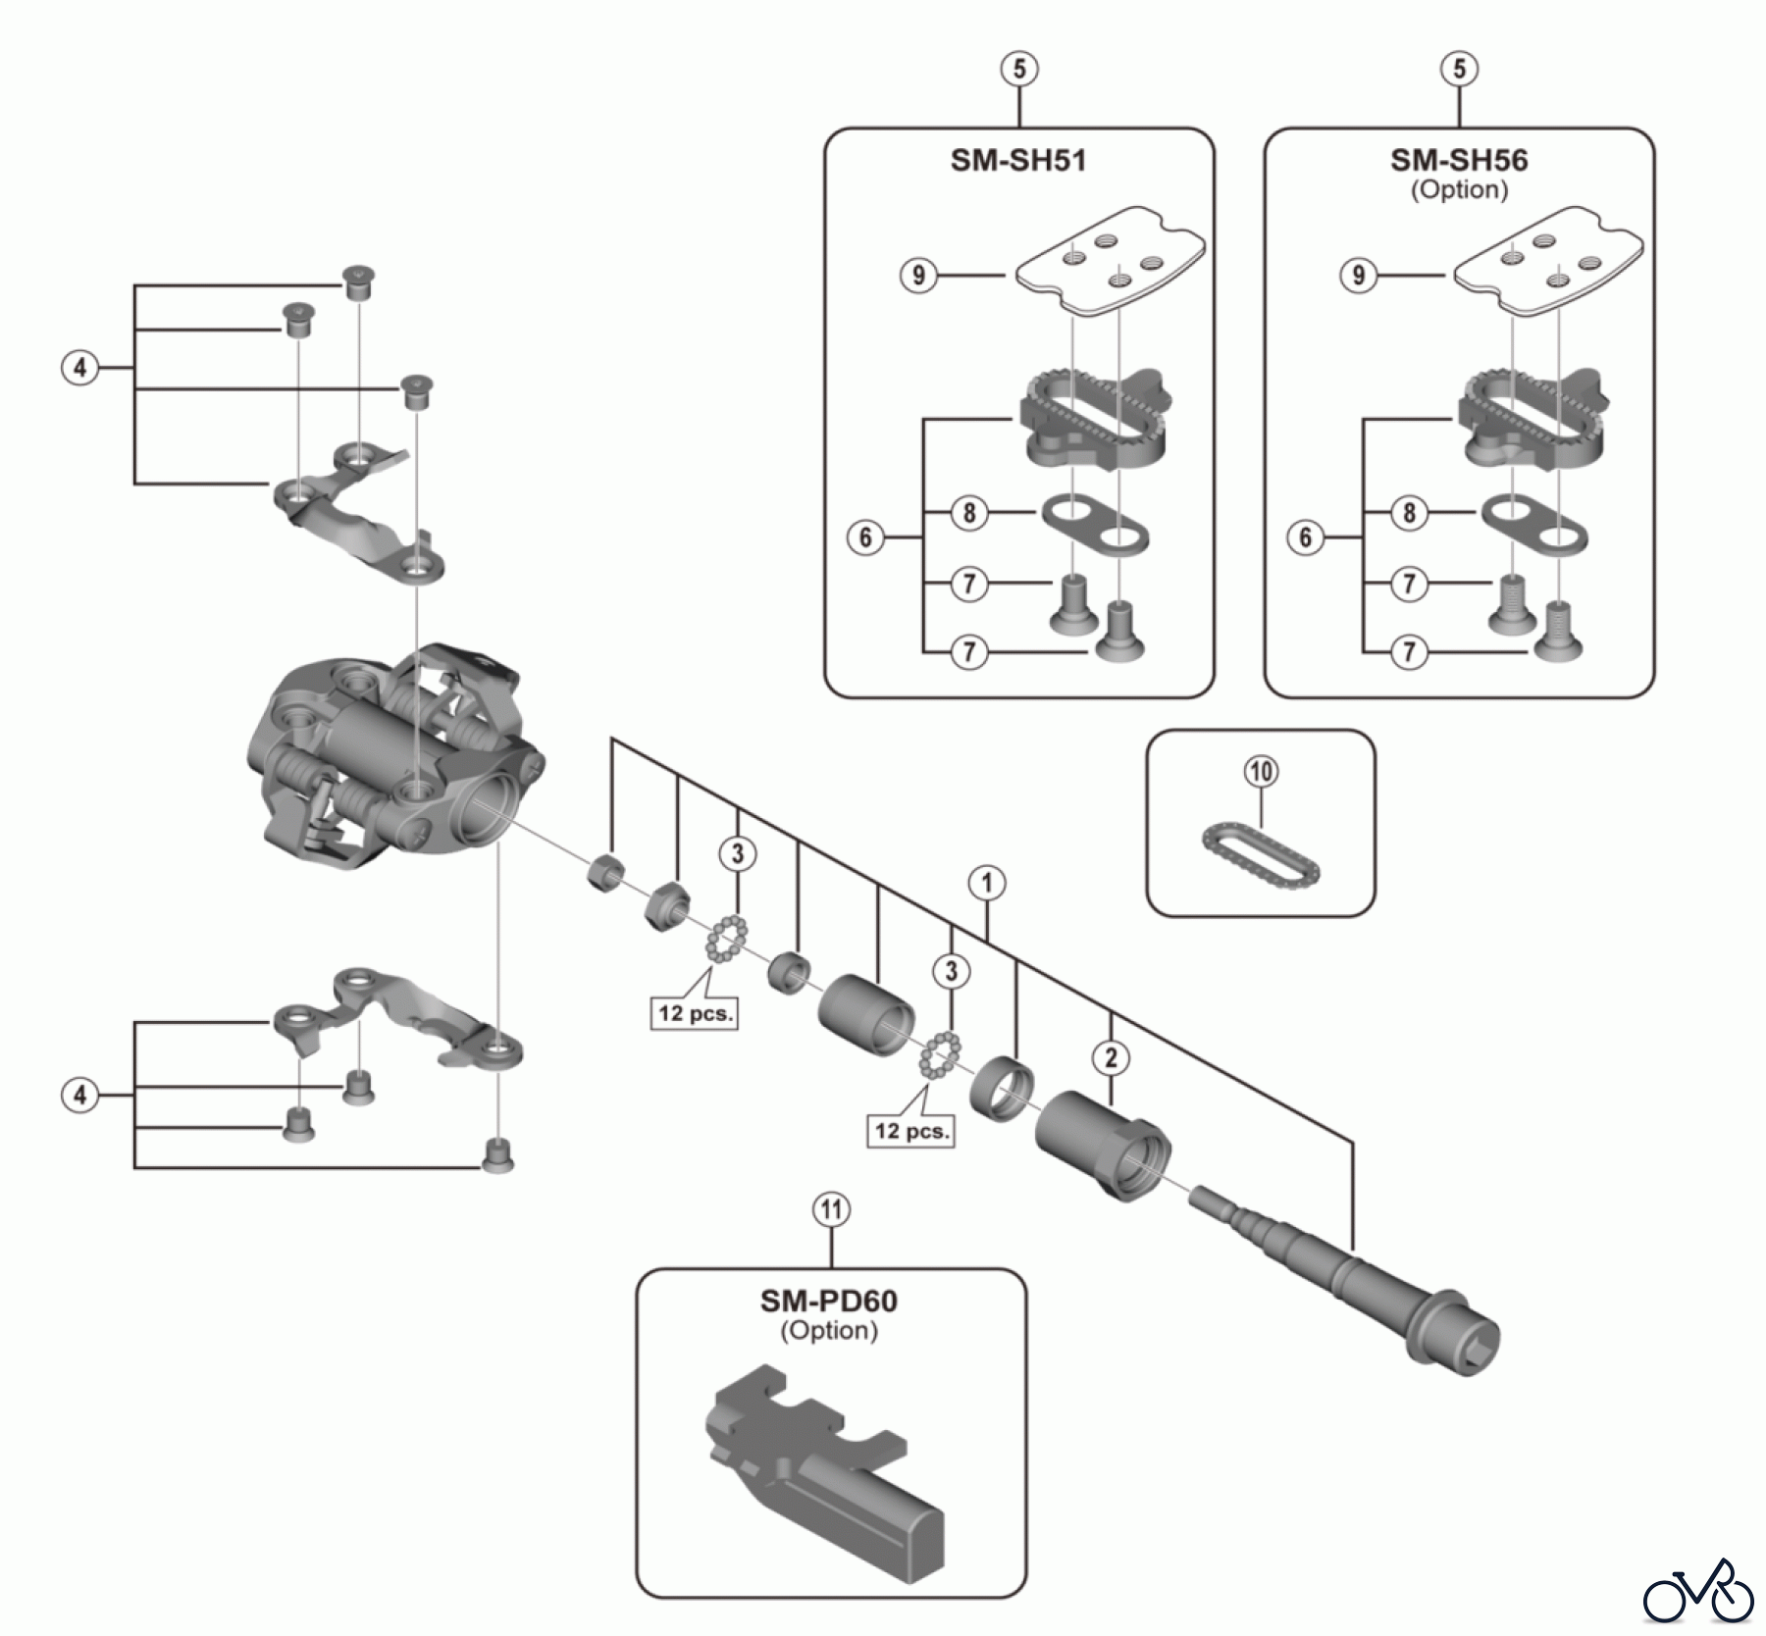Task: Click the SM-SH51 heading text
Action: tap(1018, 160)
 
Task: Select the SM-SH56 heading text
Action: tap(1459, 160)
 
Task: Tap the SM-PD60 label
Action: tap(828, 1301)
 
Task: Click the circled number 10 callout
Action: tap(1261, 771)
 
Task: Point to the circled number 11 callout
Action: tap(831, 1210)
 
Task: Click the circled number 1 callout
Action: tap(987, 883)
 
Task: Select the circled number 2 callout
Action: tap(1111, 1057)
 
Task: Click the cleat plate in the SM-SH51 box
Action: tap(1109, 260)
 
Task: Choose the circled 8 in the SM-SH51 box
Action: tap(969, 512)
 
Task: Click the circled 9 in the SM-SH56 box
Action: tap(1358, 275)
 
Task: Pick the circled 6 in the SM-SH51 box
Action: tap(864, 537)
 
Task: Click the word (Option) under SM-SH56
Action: tap(1459, 189)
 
